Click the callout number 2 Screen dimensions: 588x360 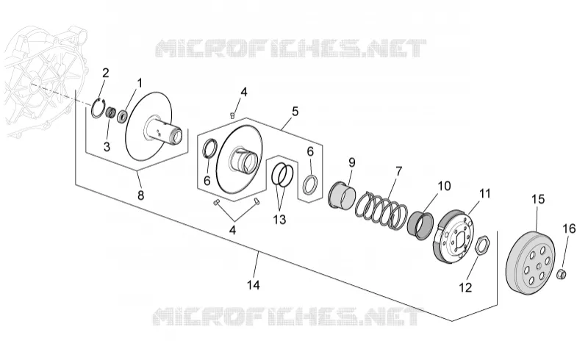point(106,73)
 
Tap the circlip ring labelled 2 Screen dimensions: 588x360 point(93,109)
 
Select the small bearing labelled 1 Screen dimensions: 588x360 point(123,116)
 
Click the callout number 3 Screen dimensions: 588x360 point(107,147)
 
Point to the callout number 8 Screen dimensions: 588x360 point(141,195)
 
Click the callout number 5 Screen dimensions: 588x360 point(295,112)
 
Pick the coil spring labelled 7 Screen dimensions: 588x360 point(381,209)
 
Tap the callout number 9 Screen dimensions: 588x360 point(352,162)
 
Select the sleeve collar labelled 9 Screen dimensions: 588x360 point(342,195)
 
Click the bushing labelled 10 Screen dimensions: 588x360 point(420,225)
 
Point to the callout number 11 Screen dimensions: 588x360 point(485,194)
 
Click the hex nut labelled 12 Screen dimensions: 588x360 point(481,245)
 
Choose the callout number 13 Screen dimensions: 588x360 point(280,220)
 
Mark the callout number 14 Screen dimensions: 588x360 point(254,285)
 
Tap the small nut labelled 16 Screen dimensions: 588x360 point(562,274)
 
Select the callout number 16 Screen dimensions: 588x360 point(569,228)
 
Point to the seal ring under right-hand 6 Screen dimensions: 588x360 point(311,184)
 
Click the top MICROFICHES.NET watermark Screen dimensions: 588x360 point(290,48)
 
